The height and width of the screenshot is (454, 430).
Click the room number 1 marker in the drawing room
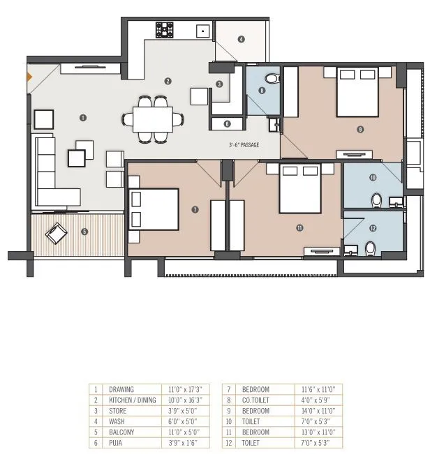click(x=83, y=118)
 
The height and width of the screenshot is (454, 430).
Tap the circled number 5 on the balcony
click(x=84, y=232)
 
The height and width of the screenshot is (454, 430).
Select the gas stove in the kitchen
click(x=165, y=29)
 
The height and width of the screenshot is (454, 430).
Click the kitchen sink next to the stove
click(x=202, y=31)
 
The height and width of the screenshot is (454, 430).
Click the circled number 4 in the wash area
click(x=241, y=40)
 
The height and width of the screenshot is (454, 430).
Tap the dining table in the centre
click(x=154, y=118)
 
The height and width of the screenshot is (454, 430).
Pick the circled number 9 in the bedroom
click(x=359, y=129)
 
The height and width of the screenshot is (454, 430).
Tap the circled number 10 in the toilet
click(x=373, y=178)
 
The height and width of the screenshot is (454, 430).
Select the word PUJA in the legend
click(x=117, y=442)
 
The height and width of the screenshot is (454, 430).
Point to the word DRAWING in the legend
click(x=121, y=389)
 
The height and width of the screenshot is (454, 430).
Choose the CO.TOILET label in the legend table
click(x=256, y=400)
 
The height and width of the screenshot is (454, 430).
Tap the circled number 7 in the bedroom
click(x=195, y=209)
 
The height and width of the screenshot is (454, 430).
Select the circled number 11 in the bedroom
click(x=299, y=227)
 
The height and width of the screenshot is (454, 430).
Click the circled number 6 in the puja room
click(x=228, y=124)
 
